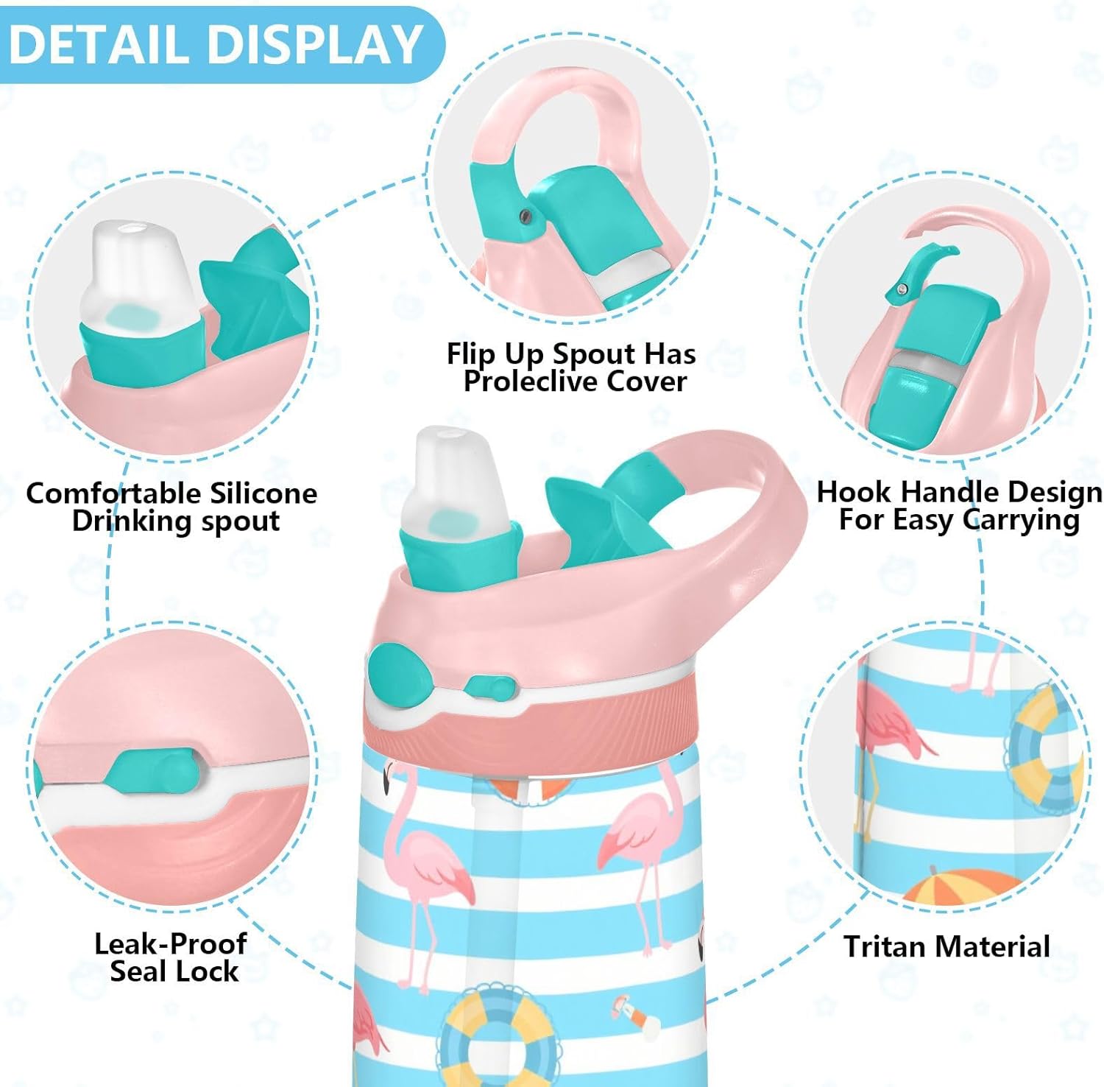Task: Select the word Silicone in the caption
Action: tap(263, 493)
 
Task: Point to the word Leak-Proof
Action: tap(170, 944)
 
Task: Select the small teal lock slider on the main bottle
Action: tap(488, 688)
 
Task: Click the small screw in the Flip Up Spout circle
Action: tap(525, 215)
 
